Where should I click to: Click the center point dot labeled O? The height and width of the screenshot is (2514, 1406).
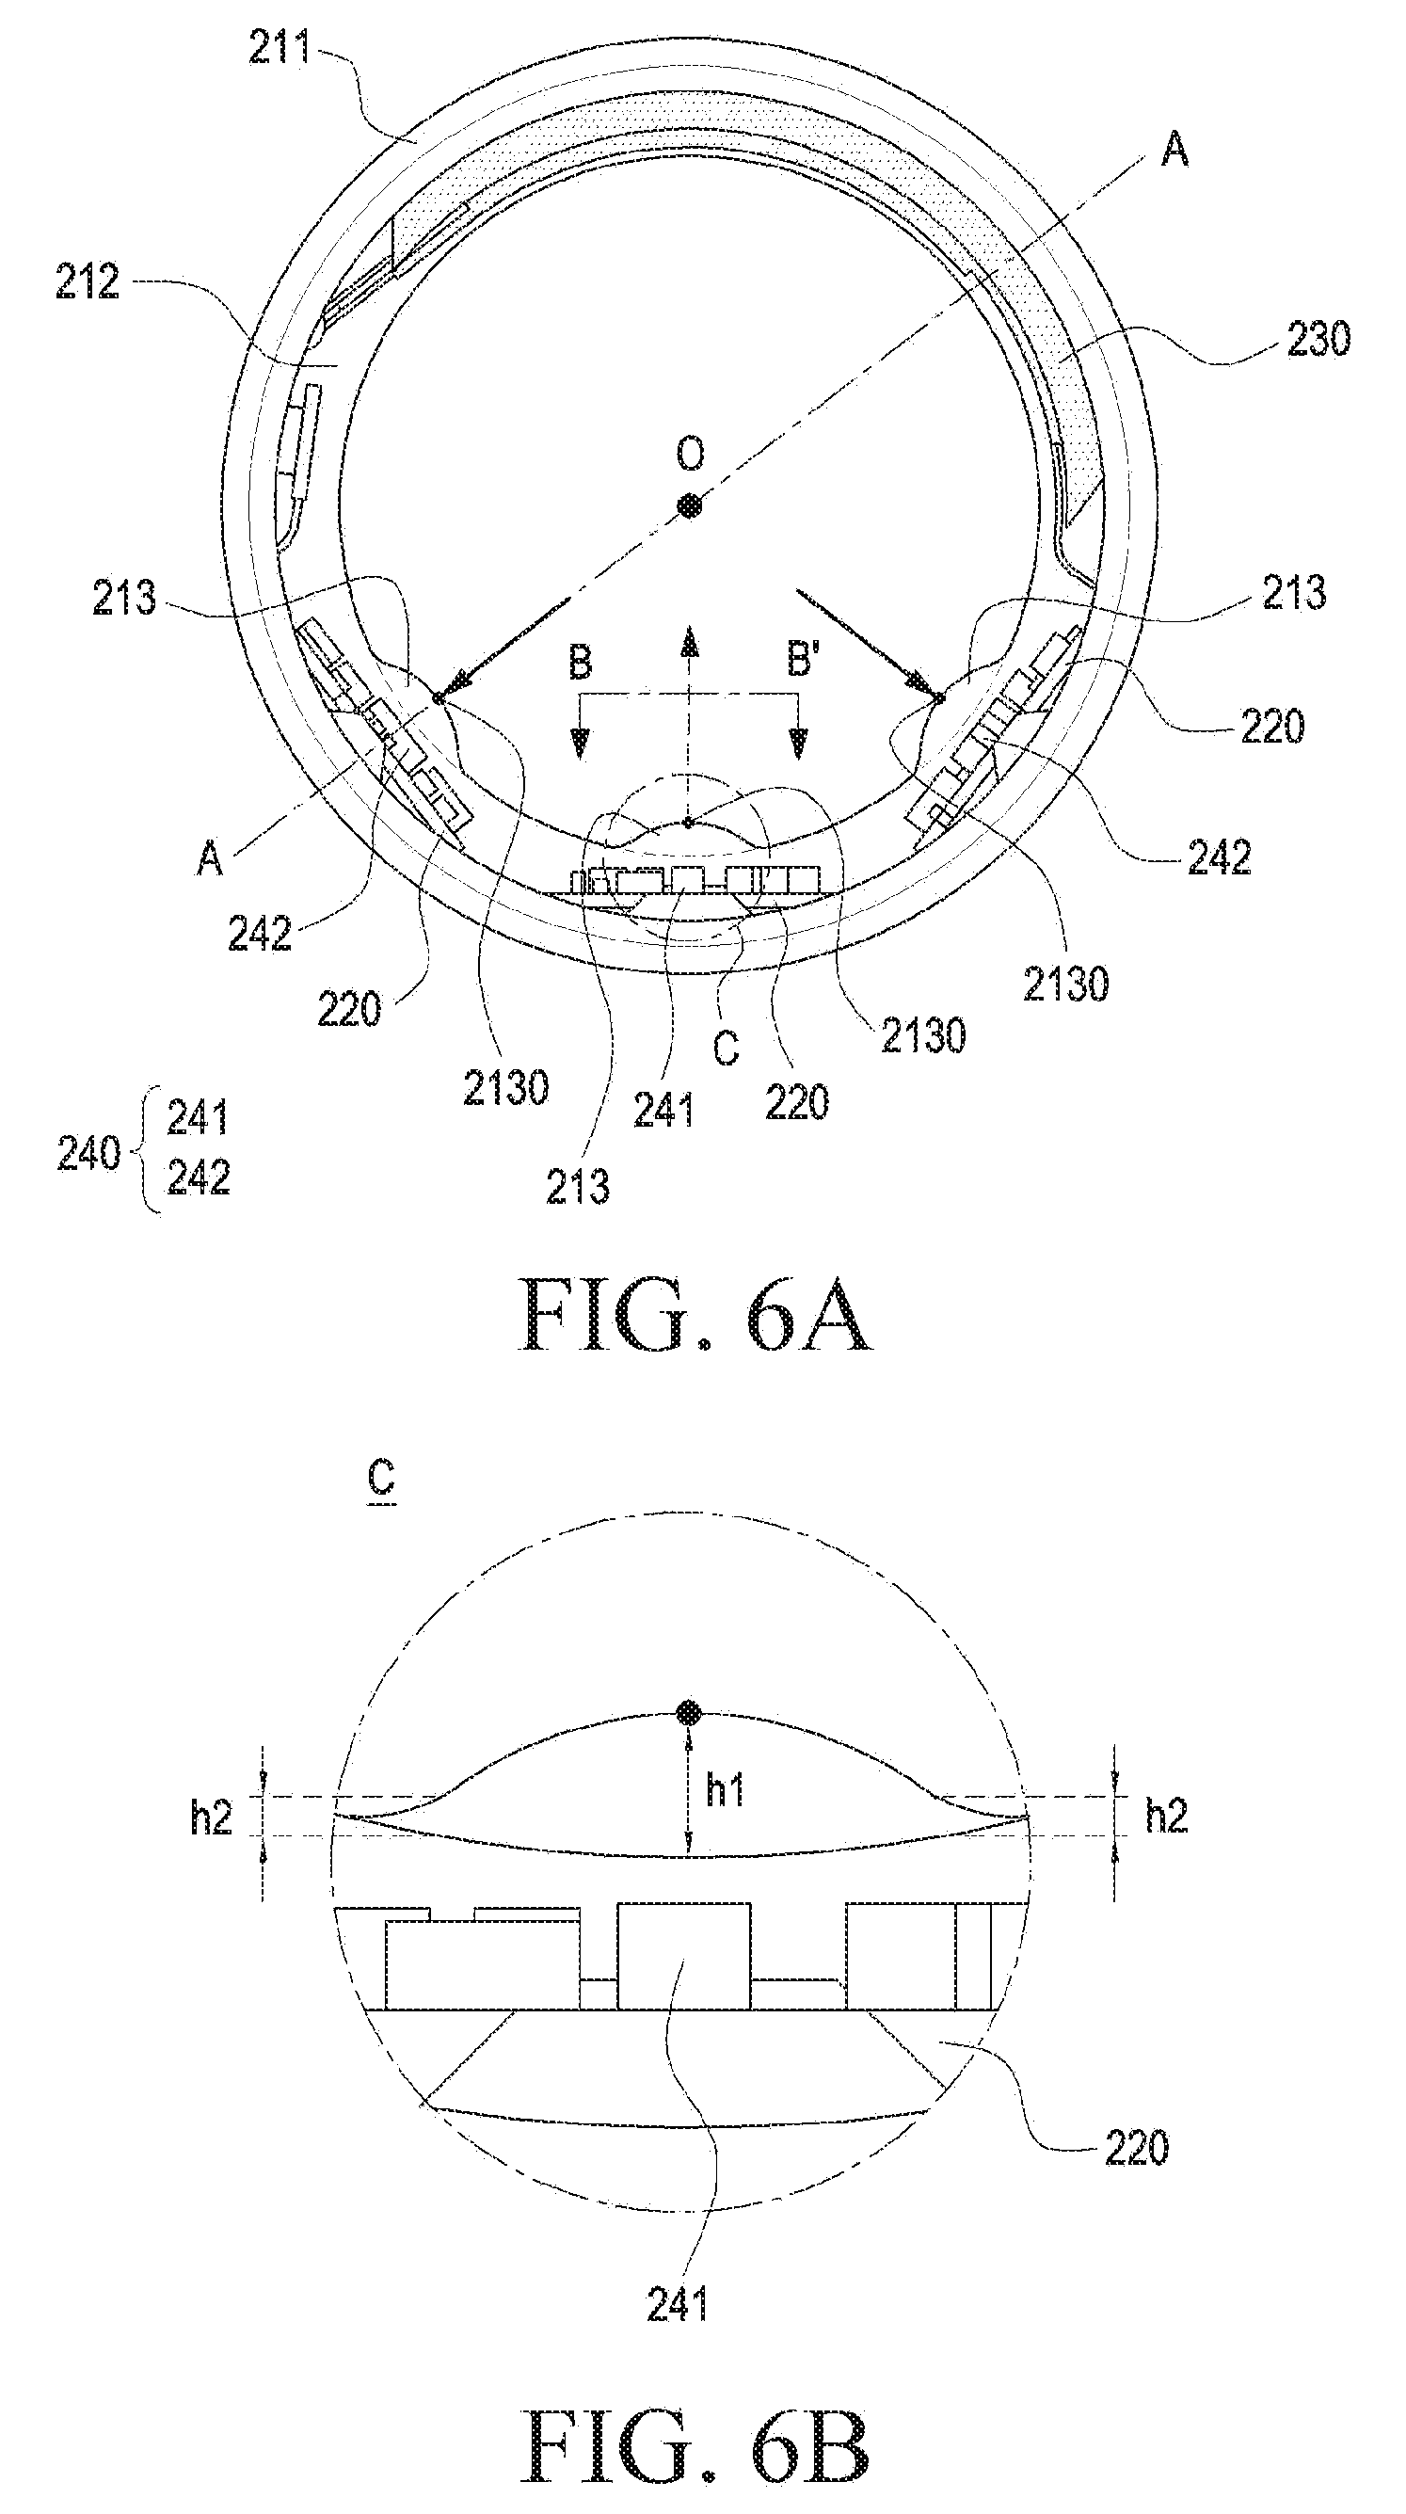(x=690, y=505)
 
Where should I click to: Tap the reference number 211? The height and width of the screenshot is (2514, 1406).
(x=280, y=47)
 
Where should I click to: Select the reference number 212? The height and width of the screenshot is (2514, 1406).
(x=87, y=283)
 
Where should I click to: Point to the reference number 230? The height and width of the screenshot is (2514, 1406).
(x=1318, y=340)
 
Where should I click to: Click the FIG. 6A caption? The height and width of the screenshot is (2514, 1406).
(x=695, y=1314)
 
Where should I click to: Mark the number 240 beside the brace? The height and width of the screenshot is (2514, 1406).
(x=88, y=1155)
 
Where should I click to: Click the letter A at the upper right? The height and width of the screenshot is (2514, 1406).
(x=1174, y=151)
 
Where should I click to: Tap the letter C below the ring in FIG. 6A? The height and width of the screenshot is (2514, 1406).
(x=726, y=1049)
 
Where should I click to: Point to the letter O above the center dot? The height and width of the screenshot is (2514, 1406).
(x=690, y=453)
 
